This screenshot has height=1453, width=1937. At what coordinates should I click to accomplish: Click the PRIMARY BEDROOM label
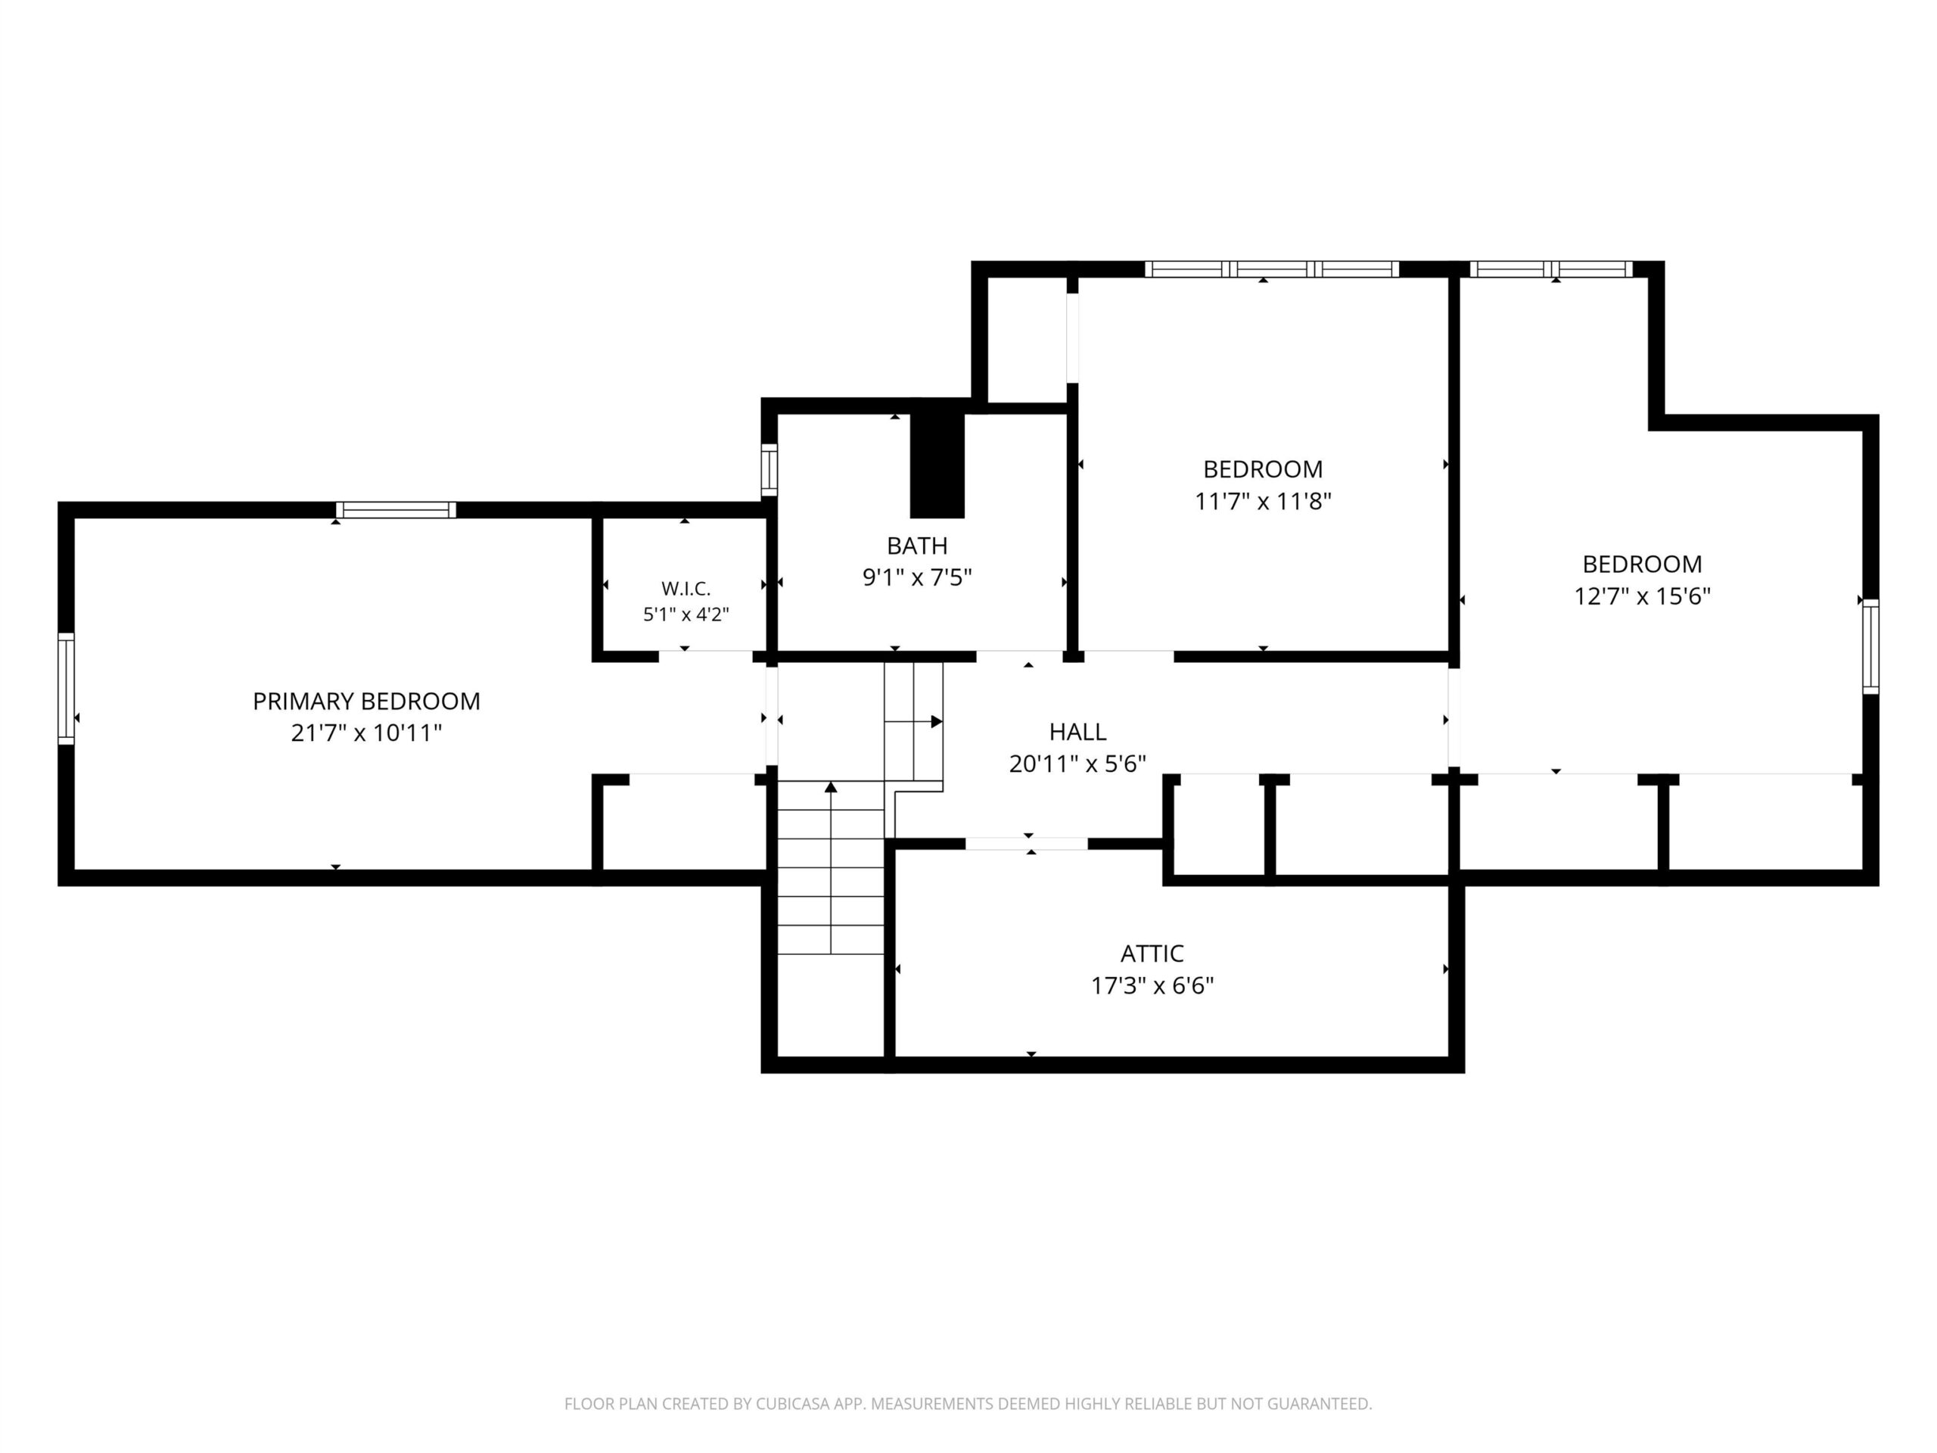click(366, 701)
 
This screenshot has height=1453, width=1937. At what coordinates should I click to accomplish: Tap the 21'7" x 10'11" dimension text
click(366, 733)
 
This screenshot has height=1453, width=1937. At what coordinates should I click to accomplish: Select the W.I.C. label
click(686, 589)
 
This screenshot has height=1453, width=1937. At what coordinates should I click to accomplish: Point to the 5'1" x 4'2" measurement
click(686, 614)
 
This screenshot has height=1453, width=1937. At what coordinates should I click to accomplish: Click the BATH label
click(917, 546)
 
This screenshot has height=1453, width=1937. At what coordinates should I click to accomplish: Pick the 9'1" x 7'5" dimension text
click(917, 578)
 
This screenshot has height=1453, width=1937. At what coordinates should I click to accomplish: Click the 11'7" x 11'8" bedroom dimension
click(1263, 502)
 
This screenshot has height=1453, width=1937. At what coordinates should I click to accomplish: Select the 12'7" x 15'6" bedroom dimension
click(1642, 596)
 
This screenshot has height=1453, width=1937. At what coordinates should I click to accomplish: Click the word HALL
click(1077, 731)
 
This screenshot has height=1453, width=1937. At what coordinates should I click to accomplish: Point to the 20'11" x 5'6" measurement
click(1077, 764)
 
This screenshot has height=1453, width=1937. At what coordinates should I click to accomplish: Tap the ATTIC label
click(1152, 954)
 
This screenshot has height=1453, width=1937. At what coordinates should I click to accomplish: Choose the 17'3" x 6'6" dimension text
click(1152, 986)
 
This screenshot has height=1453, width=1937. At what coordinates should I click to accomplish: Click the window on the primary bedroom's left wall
click(66, 689)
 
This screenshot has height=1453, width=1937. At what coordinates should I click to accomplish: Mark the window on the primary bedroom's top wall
click(396, 510)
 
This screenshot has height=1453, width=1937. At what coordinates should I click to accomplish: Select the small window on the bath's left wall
click(769, 469)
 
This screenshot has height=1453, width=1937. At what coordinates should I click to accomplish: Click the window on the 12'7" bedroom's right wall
click(1870, 646)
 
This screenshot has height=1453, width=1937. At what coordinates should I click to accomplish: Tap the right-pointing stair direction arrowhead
click(936, 722)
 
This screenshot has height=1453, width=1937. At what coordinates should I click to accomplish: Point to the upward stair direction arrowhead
click(830, 787)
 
